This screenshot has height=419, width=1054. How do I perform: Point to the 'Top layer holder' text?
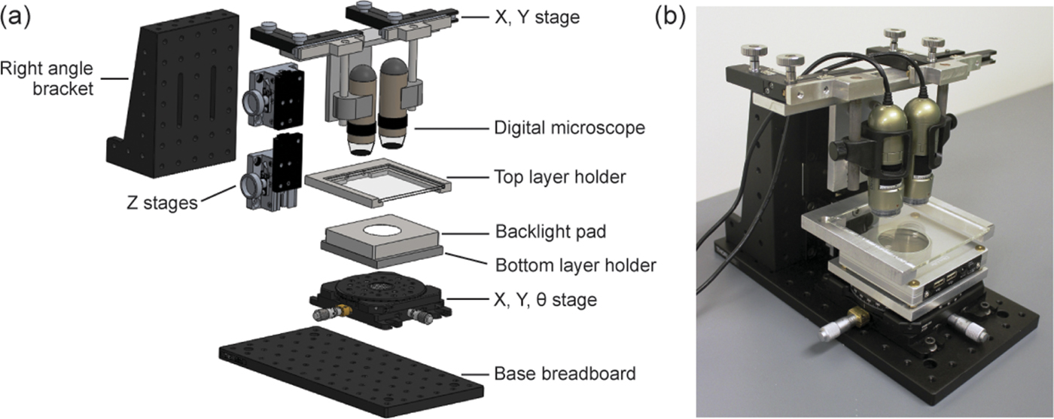(x=558, y=179)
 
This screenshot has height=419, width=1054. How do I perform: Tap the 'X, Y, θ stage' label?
(x=546, y=300)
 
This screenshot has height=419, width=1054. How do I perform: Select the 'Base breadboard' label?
(x=565, y=373)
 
